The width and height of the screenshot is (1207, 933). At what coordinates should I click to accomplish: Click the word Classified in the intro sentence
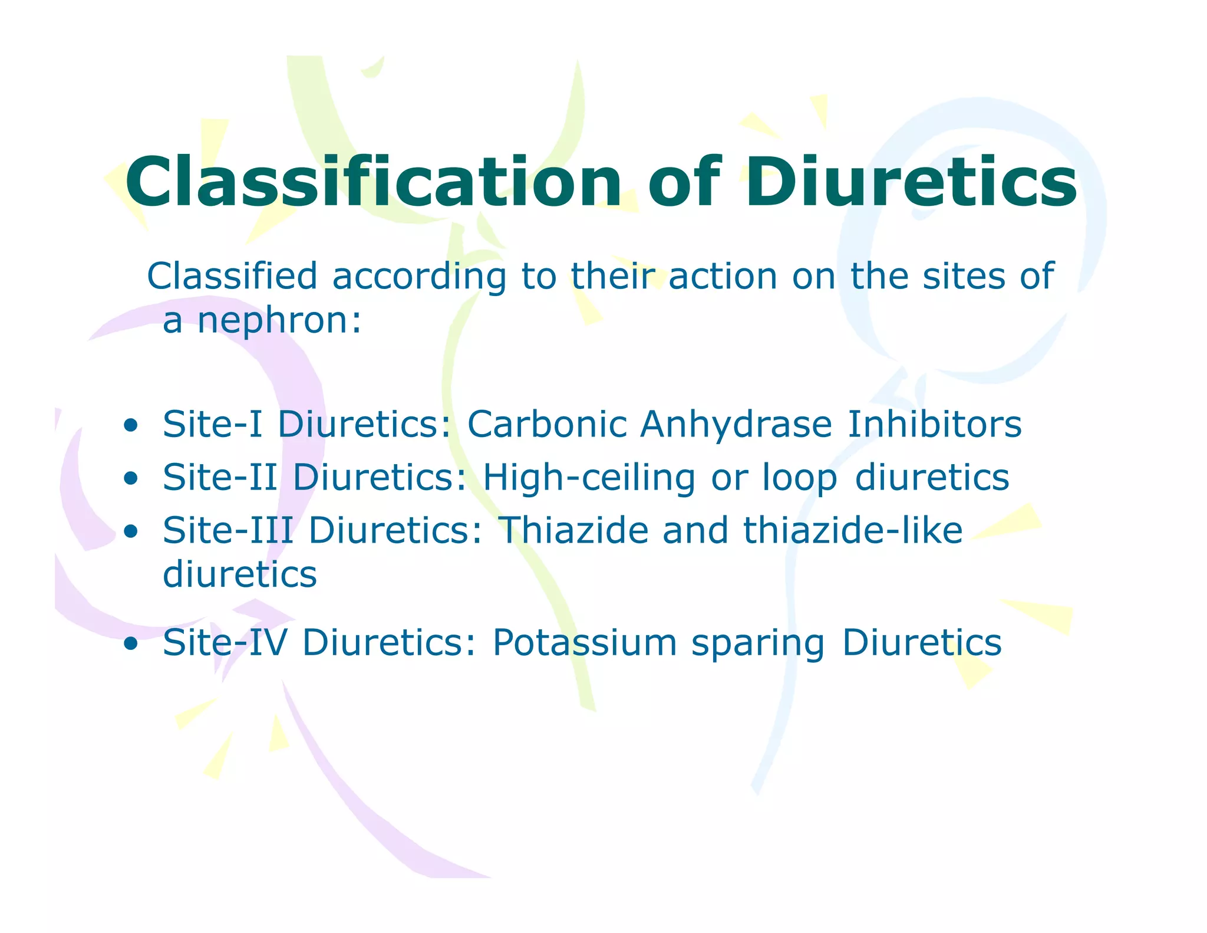pyautogui.click(x=232, y=276)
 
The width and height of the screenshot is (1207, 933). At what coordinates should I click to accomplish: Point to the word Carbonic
pyautogui.click(x=546, y=424)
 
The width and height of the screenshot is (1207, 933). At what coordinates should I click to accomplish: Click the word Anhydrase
pyautogui.click(x=736, y=424)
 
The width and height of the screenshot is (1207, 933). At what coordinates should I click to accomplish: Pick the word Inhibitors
pyautogui.click(x=934, y=424)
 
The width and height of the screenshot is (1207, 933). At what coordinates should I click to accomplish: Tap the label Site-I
pyautogui.click(x=212, y=424)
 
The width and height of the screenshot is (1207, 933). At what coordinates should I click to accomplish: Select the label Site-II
pyautogui.click(x=220, y=477)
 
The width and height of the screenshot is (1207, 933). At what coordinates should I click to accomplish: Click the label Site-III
pyautogui.click(x=227, y=530)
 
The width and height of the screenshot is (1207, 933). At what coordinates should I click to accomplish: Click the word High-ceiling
pyautogui.click(x=589, y=477)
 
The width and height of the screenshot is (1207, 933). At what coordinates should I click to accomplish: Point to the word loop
pyautogui.click(x=799, y=477)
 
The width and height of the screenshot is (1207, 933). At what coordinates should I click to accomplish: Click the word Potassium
pyautogui.click(x=584, y=642)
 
